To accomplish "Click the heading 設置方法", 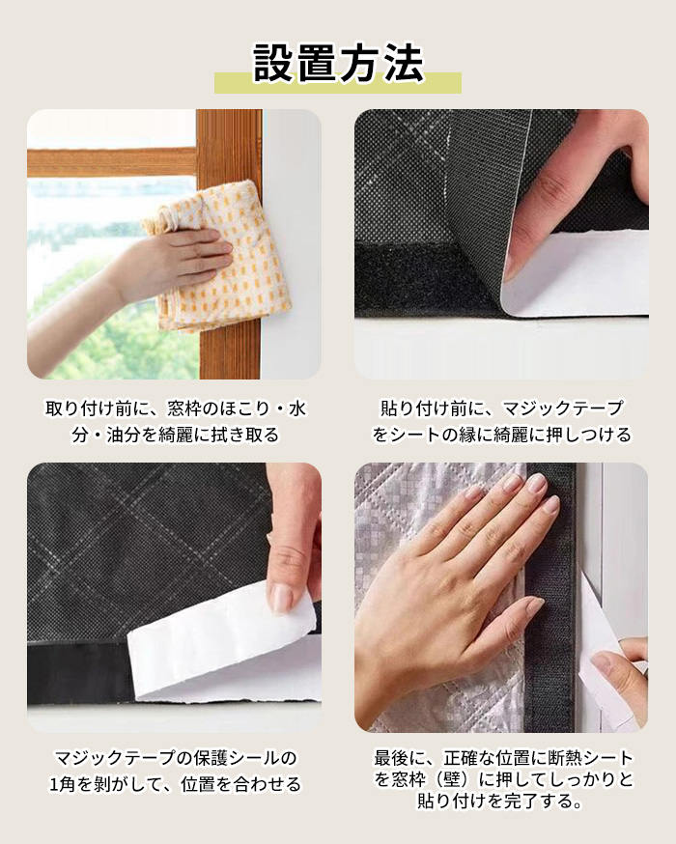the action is point(339,63).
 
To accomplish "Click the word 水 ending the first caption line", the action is point(297,408).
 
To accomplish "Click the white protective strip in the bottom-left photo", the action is point(223,640).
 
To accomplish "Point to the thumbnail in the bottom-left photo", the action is point(281,599).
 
